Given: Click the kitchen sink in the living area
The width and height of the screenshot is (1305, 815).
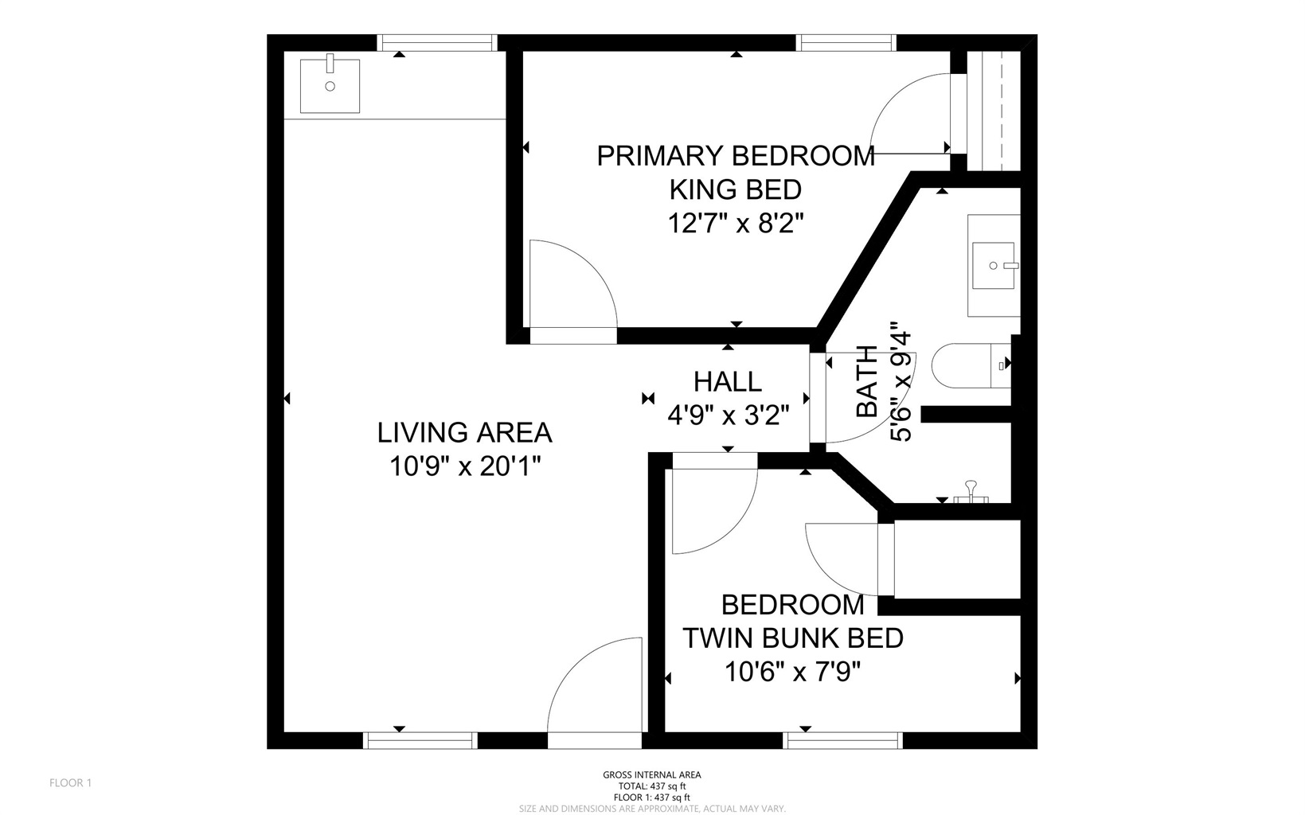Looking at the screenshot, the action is (330, 86).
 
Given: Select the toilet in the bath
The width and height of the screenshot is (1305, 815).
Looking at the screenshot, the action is (971, 366).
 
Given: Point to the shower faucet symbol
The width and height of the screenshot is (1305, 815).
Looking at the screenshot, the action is (971, 492).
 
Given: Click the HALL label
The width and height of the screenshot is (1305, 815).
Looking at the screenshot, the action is (728, 382).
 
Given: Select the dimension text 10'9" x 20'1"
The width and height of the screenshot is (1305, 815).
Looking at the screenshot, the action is (465, 466).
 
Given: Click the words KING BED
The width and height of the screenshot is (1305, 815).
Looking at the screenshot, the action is (735, 189).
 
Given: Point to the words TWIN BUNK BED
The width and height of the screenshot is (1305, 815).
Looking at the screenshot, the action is (793, 638).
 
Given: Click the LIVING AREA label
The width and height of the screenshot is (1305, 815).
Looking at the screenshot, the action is (464, 432).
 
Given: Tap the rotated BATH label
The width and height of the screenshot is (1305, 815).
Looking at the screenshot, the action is (867, 381).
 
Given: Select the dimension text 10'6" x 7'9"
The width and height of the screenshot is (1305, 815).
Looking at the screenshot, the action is (792, 673).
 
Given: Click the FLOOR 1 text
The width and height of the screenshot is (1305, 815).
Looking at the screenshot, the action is (71, 783).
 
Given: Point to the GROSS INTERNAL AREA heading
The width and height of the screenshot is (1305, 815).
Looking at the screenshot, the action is (652, 774).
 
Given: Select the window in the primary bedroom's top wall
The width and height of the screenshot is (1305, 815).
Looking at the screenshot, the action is (846, 43).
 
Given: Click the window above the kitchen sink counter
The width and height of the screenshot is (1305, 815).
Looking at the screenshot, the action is (437, 43).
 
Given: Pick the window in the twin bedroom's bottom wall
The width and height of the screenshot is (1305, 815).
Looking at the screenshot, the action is (842, 740).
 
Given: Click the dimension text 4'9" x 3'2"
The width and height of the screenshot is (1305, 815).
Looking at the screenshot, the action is (729, 416).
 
